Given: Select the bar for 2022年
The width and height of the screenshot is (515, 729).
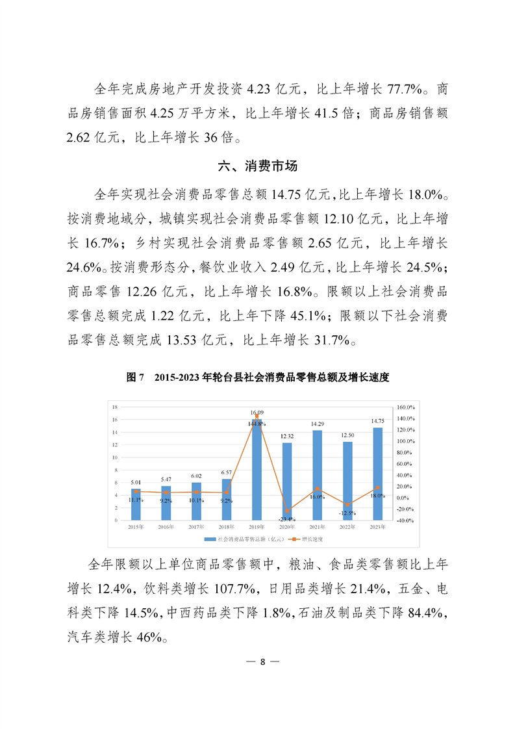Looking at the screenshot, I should point(347,481).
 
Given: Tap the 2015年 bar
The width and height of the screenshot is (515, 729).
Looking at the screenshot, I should point(136,504).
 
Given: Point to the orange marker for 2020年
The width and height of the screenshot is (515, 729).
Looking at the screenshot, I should point(287,511).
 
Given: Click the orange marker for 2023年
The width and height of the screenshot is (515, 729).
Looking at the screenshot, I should point(377,487).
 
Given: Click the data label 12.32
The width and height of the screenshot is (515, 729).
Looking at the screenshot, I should point(287,436).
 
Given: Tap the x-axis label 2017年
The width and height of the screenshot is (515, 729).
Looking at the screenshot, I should point(196,526).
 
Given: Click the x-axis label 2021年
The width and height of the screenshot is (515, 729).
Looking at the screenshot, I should point(317,526).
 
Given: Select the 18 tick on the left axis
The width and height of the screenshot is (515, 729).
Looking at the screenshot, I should point(114,407).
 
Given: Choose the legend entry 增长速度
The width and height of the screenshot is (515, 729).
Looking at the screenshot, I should point(312,539).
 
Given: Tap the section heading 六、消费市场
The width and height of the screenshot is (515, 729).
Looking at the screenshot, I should point(258,166).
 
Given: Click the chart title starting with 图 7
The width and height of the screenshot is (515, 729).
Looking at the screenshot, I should point(257,377).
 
